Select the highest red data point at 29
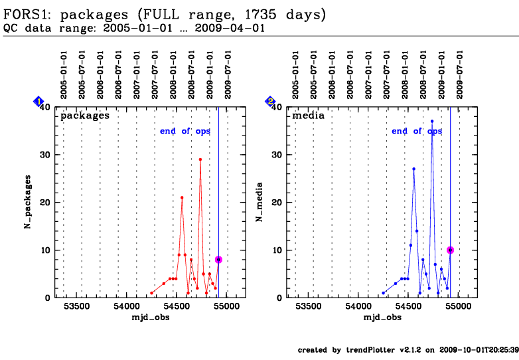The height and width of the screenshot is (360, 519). [200, 159]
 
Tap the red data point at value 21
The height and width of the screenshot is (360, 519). [182, 197]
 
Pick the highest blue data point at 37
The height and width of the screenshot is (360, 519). [432, 122]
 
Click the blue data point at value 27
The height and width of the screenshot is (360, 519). [413, 169]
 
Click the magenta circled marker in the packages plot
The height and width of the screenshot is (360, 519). [218, 260]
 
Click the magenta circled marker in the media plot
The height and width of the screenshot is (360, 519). [450, 250]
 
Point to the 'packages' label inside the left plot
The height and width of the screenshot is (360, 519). [85, 115]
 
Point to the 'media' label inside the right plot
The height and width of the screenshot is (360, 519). [309, 115]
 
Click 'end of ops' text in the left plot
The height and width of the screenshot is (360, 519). [185, 131]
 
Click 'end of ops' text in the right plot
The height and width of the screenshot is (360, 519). [416, 131]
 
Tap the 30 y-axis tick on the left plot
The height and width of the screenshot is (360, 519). [48, 155]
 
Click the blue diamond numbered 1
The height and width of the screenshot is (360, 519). [38, 101]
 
